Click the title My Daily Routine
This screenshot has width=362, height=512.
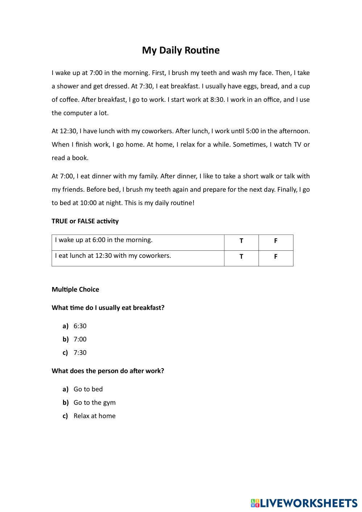click(180, 50)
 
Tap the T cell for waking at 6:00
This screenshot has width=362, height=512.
click(241, 241)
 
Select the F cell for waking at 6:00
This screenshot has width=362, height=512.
click(275, 241)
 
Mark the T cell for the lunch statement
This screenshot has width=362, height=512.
click(241, 257)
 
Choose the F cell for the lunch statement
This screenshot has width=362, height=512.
click(275, 257)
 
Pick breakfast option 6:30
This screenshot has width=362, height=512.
click(80, 326)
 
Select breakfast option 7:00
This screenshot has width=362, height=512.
click(80, 340)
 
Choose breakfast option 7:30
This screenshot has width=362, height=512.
click(80, 353)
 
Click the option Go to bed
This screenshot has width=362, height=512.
click(88, 389)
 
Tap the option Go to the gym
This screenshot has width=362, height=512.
click(94, 403)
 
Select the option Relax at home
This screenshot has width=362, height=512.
click(94, 416)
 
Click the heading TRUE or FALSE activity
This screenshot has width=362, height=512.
click(85, 221)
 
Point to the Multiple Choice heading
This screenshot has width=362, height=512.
click(75, 290)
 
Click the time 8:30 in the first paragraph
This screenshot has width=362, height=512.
click(217, 100)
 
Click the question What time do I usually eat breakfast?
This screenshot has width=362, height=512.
click(108, 308)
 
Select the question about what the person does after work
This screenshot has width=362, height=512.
click(108, 371)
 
